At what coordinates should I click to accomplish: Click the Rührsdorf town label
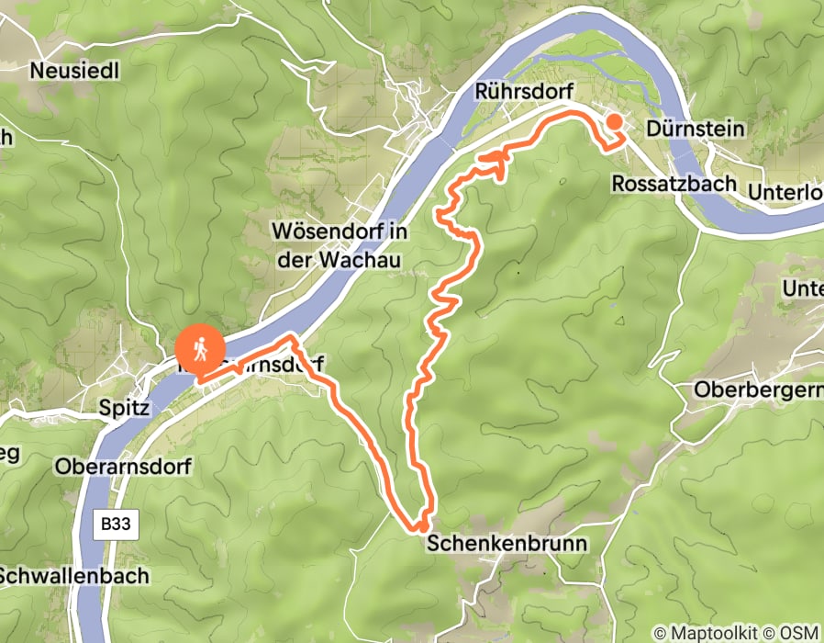pyautogui.click(x=524, y=92)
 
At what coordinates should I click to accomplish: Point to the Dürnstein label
pyautogui.click(x=696, y=128)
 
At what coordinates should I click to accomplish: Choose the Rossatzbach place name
pyautogui.click(x=674, y=183)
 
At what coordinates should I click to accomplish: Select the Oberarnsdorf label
pyautogui.click(x=123, y=467)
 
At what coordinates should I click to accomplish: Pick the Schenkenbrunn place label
pyautogui.click(x=507, y=543)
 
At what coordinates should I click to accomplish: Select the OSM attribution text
pyautogui.click(x=801, y=633)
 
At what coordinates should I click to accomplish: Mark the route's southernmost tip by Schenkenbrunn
pyautogui.click(x=418, y=527)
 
